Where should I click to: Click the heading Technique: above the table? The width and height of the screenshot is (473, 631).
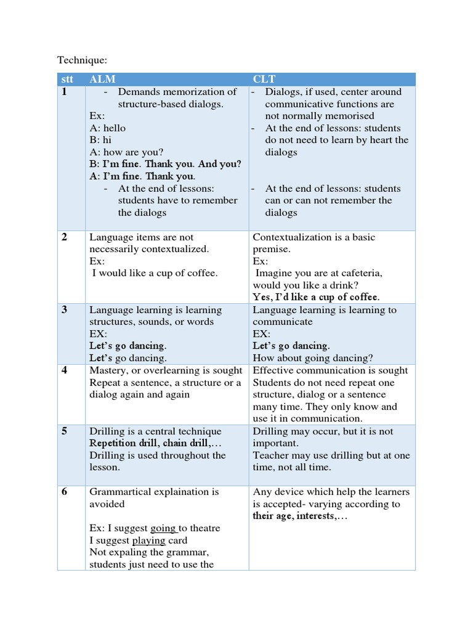point(82,60)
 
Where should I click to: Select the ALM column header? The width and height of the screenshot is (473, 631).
point(102,79)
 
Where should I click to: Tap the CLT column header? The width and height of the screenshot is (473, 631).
point(264,79)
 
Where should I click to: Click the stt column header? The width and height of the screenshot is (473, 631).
point(67,79)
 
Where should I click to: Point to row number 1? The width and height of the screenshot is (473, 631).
point(64,92)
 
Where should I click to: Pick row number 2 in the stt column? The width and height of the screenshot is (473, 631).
point(64,237)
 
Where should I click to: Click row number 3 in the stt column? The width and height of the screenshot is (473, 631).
point(64,310)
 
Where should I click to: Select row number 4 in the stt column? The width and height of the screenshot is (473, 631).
point(64,370)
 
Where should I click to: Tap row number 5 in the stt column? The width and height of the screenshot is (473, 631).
point(64,431)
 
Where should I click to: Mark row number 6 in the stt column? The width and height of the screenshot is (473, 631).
point(64,492)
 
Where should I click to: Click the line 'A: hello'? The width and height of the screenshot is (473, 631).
point(107,128)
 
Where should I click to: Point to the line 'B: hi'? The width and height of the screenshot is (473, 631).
point(100,140)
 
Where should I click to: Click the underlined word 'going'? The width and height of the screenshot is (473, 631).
point(164,528)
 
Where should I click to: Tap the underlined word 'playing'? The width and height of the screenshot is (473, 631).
point(149,540)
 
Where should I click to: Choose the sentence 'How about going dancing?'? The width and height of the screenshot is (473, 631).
point(313,358)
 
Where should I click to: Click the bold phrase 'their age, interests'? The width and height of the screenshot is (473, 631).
point(294,516)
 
